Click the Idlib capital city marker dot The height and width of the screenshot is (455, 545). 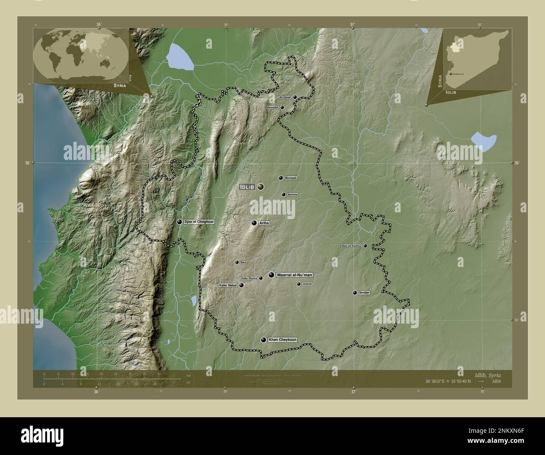click(x=261, y=186)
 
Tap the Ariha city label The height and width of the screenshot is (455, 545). click(x=264, y=223)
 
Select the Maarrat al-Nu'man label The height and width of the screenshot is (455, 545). click(x=295, y=275)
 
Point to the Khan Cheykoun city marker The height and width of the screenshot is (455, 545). click(x=263, y=340)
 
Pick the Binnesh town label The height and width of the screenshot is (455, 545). click(x=291, y=178)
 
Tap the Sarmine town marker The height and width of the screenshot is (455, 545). click(x=284, y=195)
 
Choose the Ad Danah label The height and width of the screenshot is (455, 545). click(x=285, y=97)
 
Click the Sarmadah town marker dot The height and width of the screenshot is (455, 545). click(x=282, y=107)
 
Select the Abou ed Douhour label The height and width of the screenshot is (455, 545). click(x=351, y=246)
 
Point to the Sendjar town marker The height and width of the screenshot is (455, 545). click(x=355, y=293)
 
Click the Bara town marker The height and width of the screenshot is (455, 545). click(x=237, y=262)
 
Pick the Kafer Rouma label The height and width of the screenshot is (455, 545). click(x=249, y=278)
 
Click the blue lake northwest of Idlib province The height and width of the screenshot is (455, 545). click(x=180, y=57)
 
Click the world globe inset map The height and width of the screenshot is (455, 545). click(x=80, y=55)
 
